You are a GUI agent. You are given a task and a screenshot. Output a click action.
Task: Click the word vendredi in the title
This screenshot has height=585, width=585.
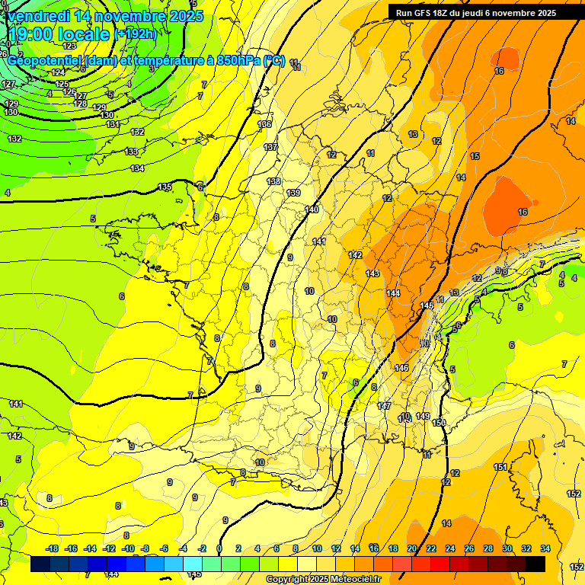[38, 16]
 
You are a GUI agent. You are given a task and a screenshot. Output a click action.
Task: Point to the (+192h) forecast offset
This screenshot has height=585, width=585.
[137, 34]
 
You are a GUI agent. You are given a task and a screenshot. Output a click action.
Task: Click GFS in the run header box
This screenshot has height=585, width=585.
[426, 13]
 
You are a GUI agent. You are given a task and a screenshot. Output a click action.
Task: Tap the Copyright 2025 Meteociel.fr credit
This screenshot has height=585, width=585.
[323, 580]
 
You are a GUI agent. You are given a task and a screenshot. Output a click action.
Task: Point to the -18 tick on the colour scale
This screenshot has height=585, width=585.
[52, 548]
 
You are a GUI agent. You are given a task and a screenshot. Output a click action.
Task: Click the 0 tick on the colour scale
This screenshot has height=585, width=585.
[219, 548]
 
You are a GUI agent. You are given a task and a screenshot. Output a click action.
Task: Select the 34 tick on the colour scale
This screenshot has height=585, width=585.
[545, 548]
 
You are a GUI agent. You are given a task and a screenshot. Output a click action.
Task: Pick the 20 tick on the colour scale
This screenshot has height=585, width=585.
[412, 548]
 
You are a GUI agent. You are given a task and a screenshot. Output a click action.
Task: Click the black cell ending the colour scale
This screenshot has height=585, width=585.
[535, 564]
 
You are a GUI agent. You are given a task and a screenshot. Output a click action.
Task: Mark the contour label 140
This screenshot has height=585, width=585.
[312, 209]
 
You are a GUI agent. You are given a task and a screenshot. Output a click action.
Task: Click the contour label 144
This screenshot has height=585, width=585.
[393, 293]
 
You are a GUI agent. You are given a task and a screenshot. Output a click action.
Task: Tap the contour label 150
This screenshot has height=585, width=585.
[439, 423]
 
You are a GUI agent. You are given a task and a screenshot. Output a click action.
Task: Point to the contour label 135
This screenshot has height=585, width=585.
[165, 187]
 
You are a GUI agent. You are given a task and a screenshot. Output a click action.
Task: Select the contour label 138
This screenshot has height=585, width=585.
[273, 181]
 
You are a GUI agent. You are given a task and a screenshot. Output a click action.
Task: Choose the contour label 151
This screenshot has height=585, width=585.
[500, 467]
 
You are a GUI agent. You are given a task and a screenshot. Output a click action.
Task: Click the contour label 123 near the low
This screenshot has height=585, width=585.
[69, 46]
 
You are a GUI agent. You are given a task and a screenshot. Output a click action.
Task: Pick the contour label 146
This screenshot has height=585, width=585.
[401, 368]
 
